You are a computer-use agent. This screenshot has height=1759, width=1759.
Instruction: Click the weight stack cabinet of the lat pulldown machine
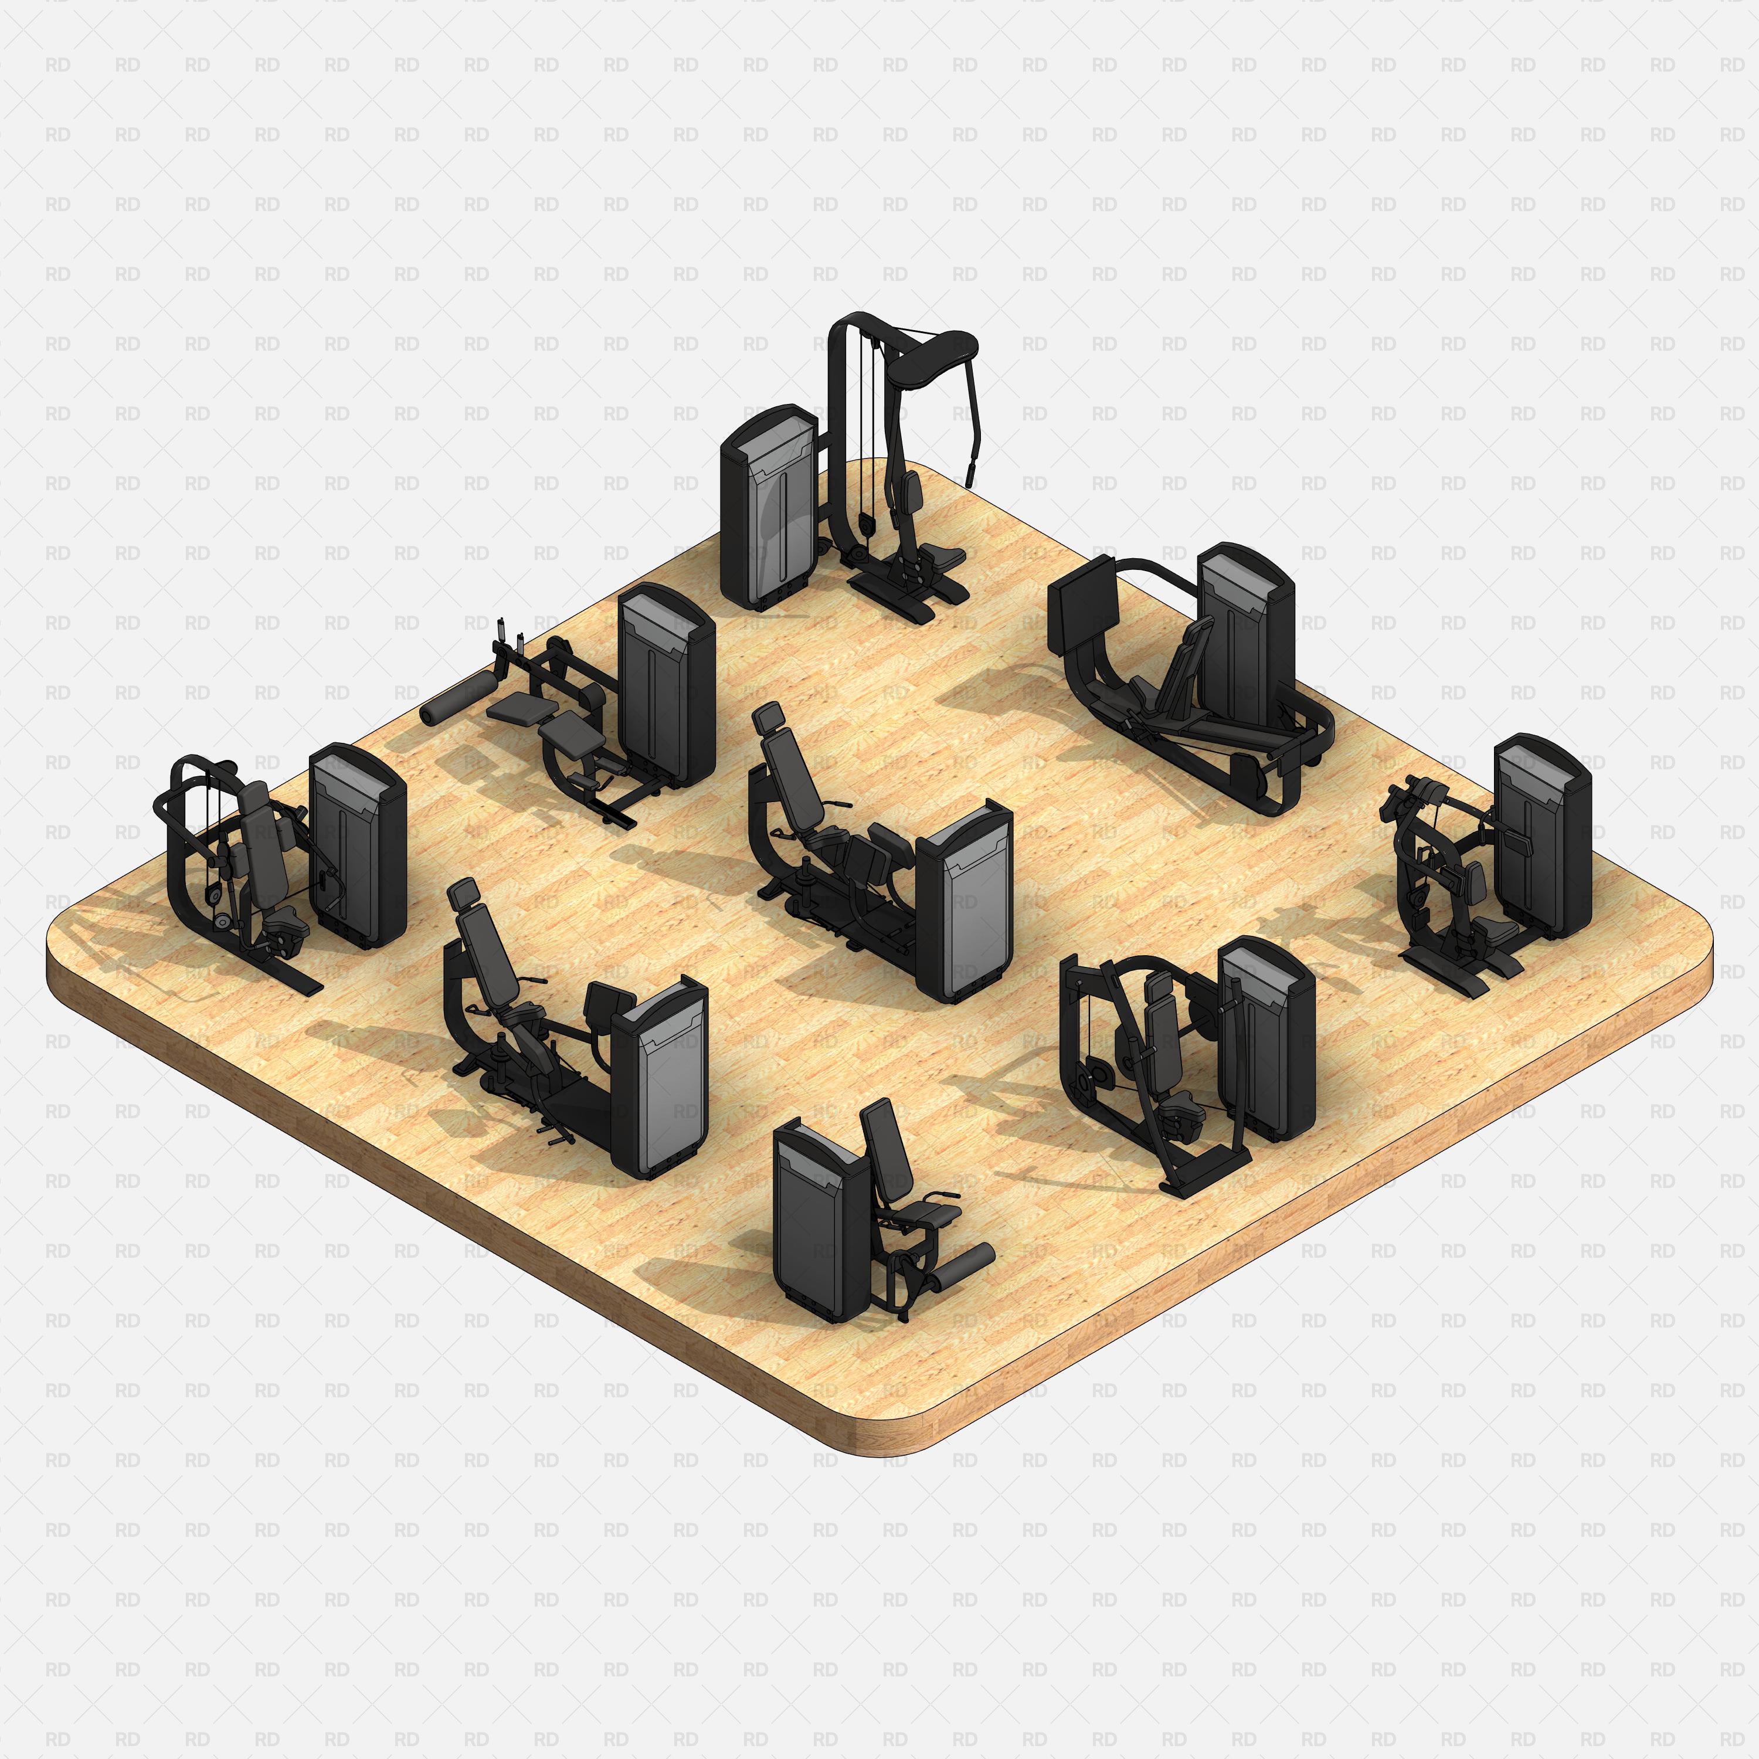(768, 510)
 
